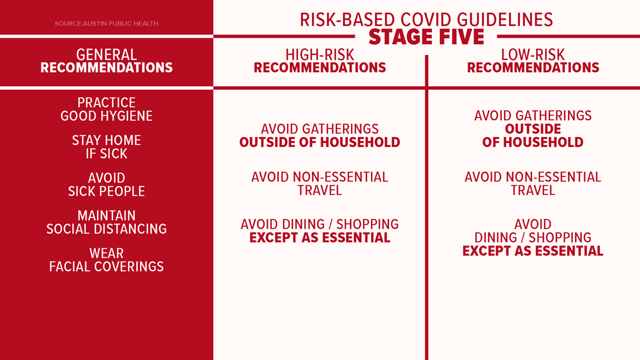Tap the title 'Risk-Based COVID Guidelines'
click(x=427, y=20)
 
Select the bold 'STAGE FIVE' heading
click(x=427, y=37)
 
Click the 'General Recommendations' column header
click(x=107, y=61)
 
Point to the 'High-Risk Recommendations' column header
click(x=319, y=61)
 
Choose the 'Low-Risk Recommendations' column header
click(x=533, y=61)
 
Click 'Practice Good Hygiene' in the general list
click(x=107, y=110)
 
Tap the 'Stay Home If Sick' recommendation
click(x=107, y=147)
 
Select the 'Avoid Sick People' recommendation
click(x=107, y=184)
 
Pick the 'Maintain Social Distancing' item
click(x=107, y=222)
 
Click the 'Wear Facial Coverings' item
click(x=107, y=259)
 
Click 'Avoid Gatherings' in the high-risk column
click(x=319, y=129)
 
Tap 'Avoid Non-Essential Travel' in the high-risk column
click(x=319, y=184)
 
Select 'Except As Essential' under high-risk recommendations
click(x=319, y=238)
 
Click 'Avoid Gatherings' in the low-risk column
click(x=533, y=116)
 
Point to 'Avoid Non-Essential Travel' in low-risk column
click(x=533, y=184)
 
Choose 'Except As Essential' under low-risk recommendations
click(x=533, y=251)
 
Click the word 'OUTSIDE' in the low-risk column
click(x=533, y=129)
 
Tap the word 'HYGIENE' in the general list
click(x=129, y=116)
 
